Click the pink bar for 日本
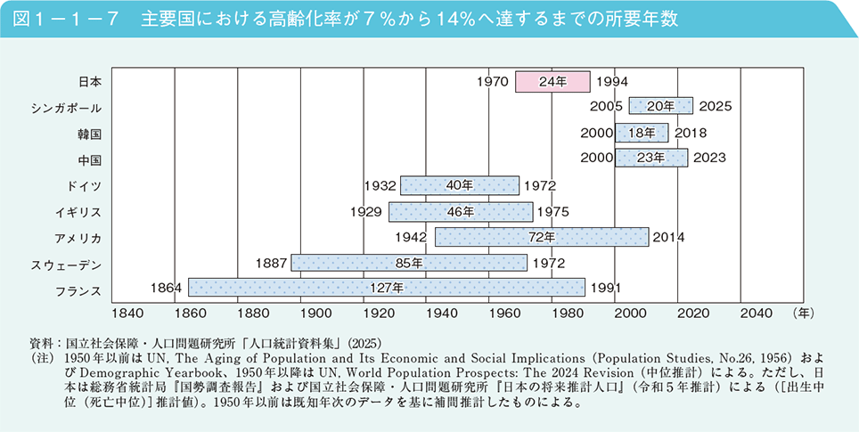coord(552,81)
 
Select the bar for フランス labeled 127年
coord(386,288)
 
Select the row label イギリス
coord(78,212)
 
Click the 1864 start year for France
coord(166,288)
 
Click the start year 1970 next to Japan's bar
coord(492,81)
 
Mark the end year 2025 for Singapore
coord(716,107)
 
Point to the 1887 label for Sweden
coord(270,263)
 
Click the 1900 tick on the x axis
coord(315,314)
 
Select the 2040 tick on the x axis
coord(756,314)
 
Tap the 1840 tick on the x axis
coord(127,314)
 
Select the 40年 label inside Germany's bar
coord(459,185)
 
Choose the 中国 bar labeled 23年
coord(650,159)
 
